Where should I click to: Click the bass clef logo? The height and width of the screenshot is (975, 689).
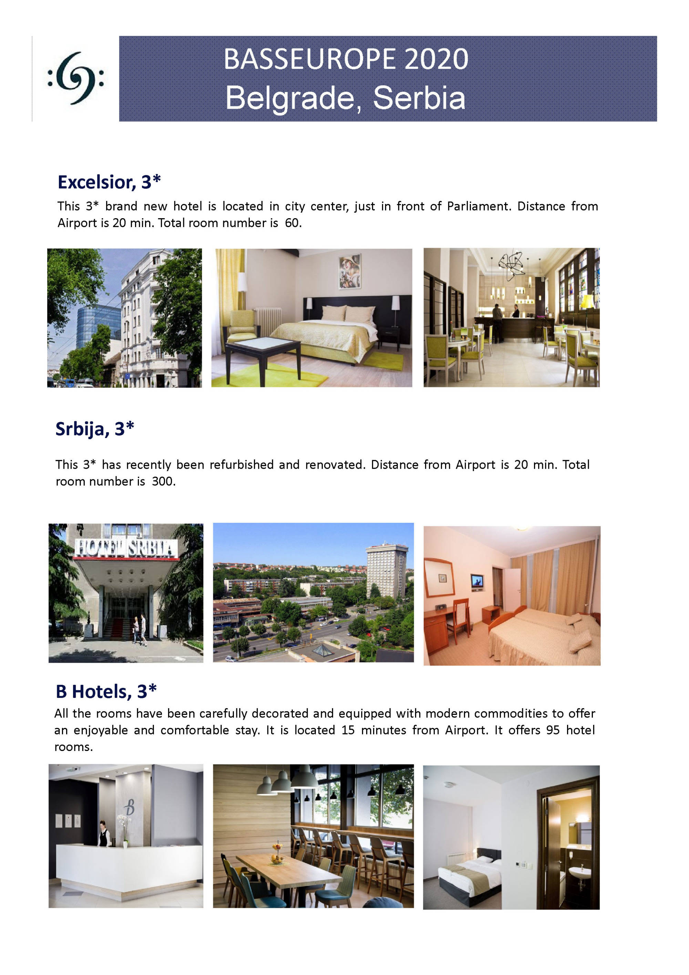75,78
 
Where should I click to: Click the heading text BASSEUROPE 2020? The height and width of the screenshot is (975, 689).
346,59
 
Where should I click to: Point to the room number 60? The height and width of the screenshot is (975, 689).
292,223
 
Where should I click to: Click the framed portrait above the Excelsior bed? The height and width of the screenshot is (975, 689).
350,271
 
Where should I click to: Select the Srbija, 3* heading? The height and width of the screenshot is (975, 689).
95,428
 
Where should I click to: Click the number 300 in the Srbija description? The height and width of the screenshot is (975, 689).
163,481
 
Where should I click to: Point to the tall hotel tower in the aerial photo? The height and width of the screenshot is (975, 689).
386,569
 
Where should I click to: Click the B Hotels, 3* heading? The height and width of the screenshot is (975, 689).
106,691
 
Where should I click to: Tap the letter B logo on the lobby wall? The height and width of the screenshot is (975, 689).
130,806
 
